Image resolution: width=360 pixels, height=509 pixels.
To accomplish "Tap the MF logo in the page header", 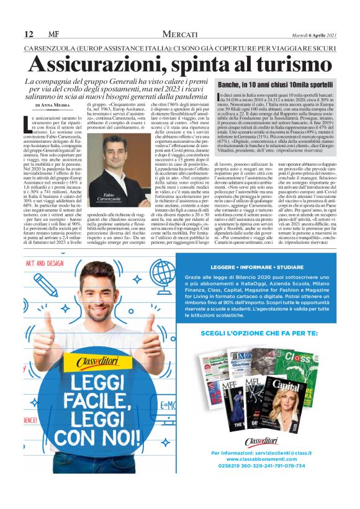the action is point(53,33).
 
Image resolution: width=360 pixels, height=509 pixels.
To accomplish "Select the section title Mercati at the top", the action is point(181,33).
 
